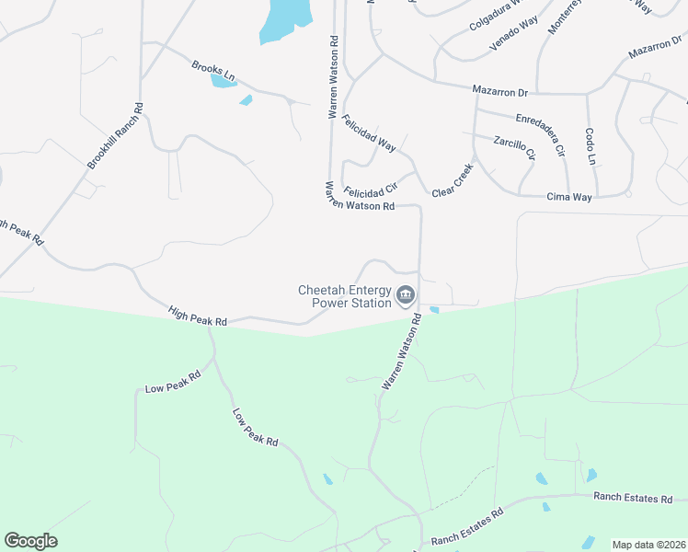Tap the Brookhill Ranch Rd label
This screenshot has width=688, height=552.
[x=118, y=136]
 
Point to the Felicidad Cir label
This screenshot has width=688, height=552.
[x=370, y=190]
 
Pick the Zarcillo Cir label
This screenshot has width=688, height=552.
[x=514, y=147]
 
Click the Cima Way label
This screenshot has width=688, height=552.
[x=569, y=197]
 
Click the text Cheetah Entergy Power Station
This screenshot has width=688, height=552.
[x=345, y=295]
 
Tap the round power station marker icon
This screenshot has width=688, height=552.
[x=407, y=295]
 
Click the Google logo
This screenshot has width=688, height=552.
[x=30, y=541]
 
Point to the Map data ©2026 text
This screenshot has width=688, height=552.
[x=648, y=545]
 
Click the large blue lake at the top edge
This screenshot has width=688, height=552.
[x=285, y=20]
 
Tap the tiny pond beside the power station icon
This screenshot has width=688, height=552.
[x=434, y=310]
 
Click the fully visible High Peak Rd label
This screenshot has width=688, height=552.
[x=198, y=317]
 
